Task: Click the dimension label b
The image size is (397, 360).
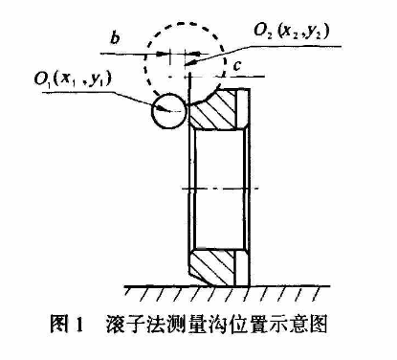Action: [x=115, y=38]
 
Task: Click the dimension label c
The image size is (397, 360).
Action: [x=237, y=66]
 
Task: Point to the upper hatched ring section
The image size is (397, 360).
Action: [x=214, y=108]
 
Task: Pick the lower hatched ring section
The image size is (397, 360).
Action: [x=211, y=267]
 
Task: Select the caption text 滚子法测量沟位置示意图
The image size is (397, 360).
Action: [x=217, y=325]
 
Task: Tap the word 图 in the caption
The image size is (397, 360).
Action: [x=59, y=325]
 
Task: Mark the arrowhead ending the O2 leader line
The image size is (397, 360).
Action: [x=191, y=62]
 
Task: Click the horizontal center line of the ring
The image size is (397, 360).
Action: [x=220, y=189]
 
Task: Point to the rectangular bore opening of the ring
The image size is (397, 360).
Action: [x=219, y=189]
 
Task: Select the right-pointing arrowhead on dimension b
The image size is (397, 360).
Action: [x=163, y=54]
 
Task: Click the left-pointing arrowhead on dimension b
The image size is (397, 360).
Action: [x=192, y=54]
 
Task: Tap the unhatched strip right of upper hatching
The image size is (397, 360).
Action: [x=243, y=108]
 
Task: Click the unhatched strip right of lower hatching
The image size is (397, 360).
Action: [x=242, y=267]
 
